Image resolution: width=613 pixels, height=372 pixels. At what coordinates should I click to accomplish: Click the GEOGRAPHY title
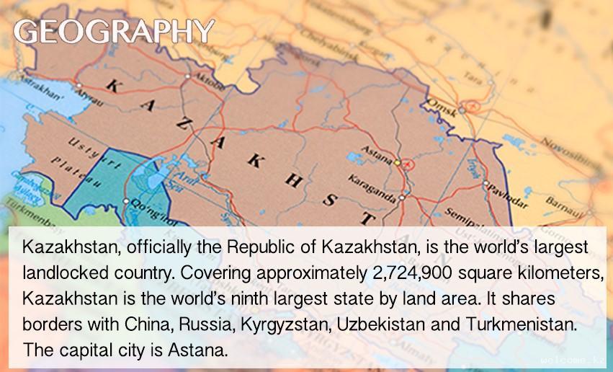[114, 32]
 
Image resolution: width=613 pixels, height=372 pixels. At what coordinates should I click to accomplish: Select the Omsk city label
[442, 106]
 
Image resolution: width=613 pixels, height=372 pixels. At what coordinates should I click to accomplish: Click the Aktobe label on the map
[210, 79]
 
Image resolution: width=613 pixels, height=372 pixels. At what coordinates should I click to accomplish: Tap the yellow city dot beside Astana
[397, 162]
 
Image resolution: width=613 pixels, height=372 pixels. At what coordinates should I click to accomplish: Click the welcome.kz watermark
[573, 360]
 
